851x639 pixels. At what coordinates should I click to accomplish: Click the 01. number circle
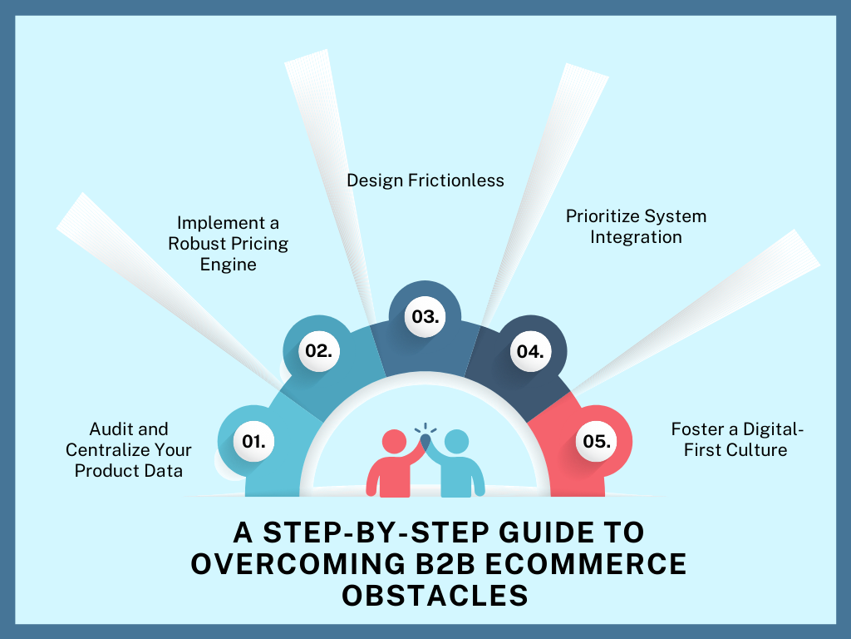coord(253,442)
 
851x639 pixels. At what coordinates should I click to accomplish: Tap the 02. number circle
coord(318,350)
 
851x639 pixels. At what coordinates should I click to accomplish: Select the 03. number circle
coord(425,317)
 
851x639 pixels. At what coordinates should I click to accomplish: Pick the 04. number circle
coord(529,351)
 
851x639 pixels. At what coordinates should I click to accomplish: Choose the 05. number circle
coord(597,442)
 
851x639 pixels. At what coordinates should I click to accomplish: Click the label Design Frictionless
coord(425,180)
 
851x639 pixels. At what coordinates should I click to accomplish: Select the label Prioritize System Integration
coord(637,226)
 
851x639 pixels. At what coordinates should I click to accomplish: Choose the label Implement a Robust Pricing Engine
coord(229,244)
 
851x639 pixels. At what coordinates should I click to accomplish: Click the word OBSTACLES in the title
coord(425,595)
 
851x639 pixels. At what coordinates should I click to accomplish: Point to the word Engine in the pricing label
coord(229,265)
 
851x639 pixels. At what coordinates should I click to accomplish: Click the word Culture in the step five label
coord(759,450)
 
